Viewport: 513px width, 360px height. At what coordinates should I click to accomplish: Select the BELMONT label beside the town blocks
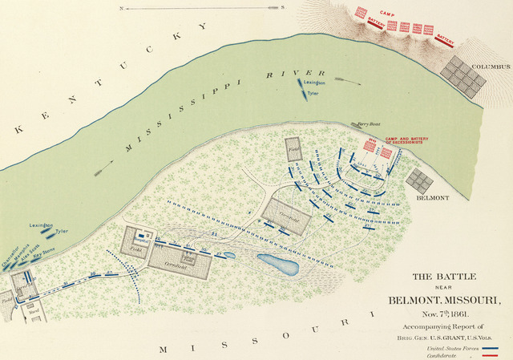coord(431,197)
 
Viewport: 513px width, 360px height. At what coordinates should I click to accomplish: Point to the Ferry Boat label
coord(368,124)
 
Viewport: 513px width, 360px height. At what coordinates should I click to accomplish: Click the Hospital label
coord(142,238)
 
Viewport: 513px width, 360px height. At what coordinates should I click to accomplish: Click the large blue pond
coord(278,262)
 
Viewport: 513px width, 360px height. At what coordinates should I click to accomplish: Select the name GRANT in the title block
coord(454,338)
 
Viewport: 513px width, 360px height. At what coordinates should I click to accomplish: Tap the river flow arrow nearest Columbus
coord(345,79)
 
